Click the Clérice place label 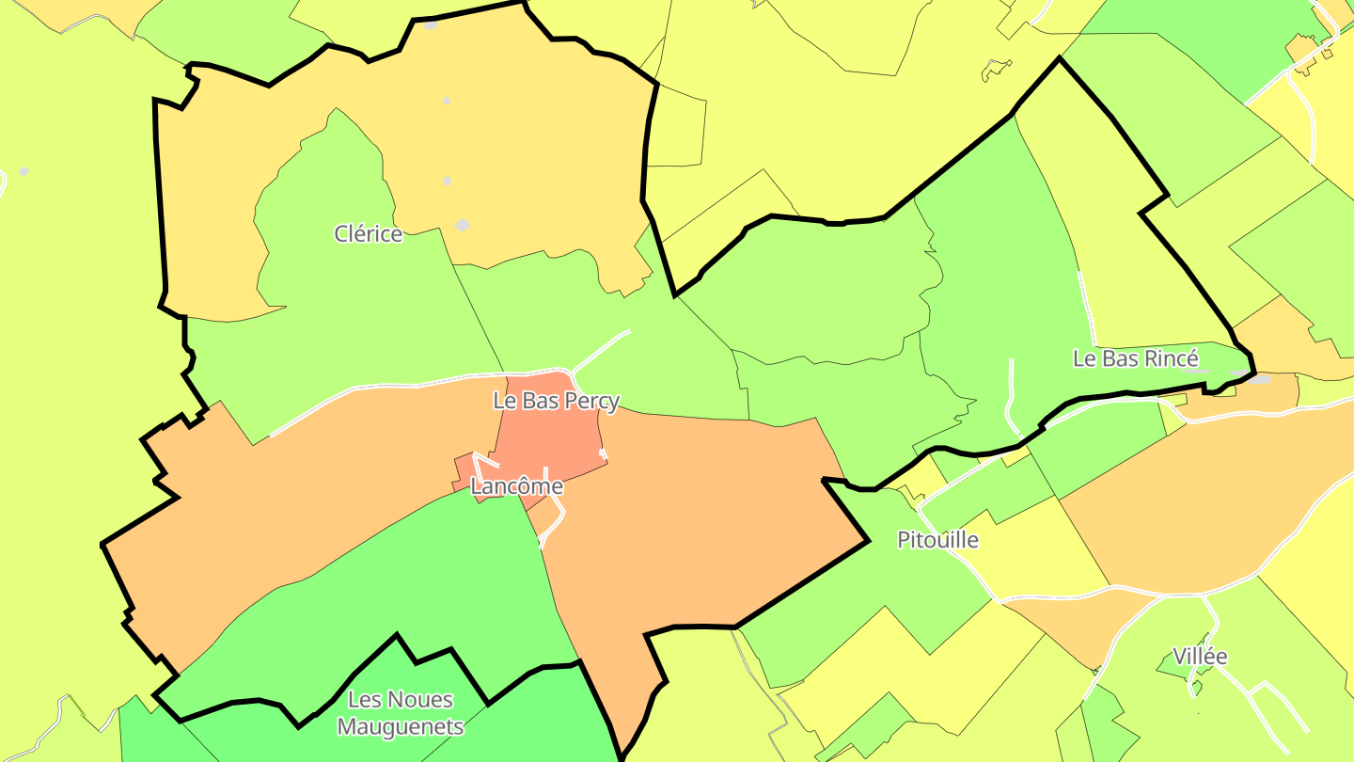point(369,234)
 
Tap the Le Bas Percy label point(557,401)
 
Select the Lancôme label point(516,486)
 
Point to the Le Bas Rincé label point(1136,358)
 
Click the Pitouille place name point(937,540)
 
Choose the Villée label point(1200,657)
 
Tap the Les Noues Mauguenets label point(401,713)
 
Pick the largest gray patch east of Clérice point(462,226)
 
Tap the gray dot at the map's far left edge point(24,171)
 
